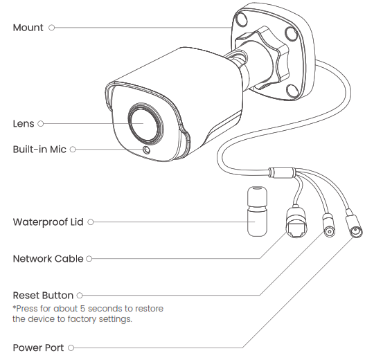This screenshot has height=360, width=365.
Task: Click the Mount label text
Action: [28, 28]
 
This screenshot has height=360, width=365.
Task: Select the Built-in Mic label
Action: [39, 149]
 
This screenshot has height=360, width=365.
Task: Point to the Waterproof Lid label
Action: [48, 222]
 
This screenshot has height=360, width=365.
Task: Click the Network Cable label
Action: [48, 258]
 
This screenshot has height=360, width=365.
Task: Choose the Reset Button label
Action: [43, 296]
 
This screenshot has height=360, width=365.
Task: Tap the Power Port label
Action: [39, 348]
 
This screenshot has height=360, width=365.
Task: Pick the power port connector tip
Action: [356, 232]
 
